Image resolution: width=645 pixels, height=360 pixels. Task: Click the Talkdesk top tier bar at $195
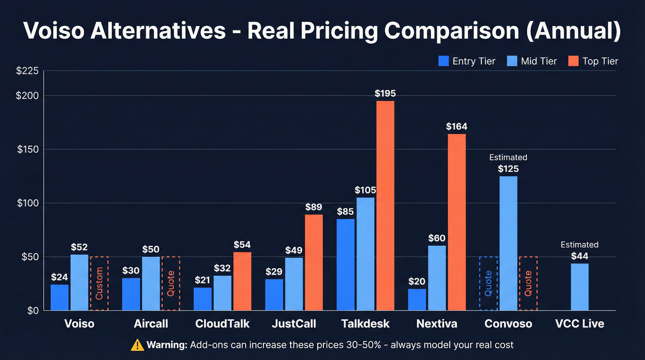(385, 205)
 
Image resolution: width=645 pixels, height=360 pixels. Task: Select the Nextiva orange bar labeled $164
(457, 222)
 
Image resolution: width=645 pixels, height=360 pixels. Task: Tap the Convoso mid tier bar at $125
(508, 243)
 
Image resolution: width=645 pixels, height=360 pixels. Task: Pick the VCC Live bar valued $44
(580, 287)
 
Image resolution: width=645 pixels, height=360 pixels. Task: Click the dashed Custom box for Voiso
(99, 283)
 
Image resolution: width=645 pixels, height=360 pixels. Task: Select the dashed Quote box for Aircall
(170, 283)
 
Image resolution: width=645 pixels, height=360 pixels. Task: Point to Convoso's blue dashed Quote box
(488, 283)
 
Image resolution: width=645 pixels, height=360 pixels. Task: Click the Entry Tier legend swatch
(444, 61)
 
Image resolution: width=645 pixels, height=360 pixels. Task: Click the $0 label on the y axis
(31, 311)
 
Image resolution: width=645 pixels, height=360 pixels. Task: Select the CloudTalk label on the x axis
(222, 324)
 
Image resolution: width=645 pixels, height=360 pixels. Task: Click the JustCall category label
(294, 324)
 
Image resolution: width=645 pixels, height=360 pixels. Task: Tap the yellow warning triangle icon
(137, 344)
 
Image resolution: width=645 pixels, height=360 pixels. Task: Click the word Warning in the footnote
(166, 345)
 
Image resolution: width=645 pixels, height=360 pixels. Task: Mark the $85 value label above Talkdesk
(346, 212)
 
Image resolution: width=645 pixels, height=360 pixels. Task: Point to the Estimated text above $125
(508, 157)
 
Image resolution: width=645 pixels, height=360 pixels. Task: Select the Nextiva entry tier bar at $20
(417, 300)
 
